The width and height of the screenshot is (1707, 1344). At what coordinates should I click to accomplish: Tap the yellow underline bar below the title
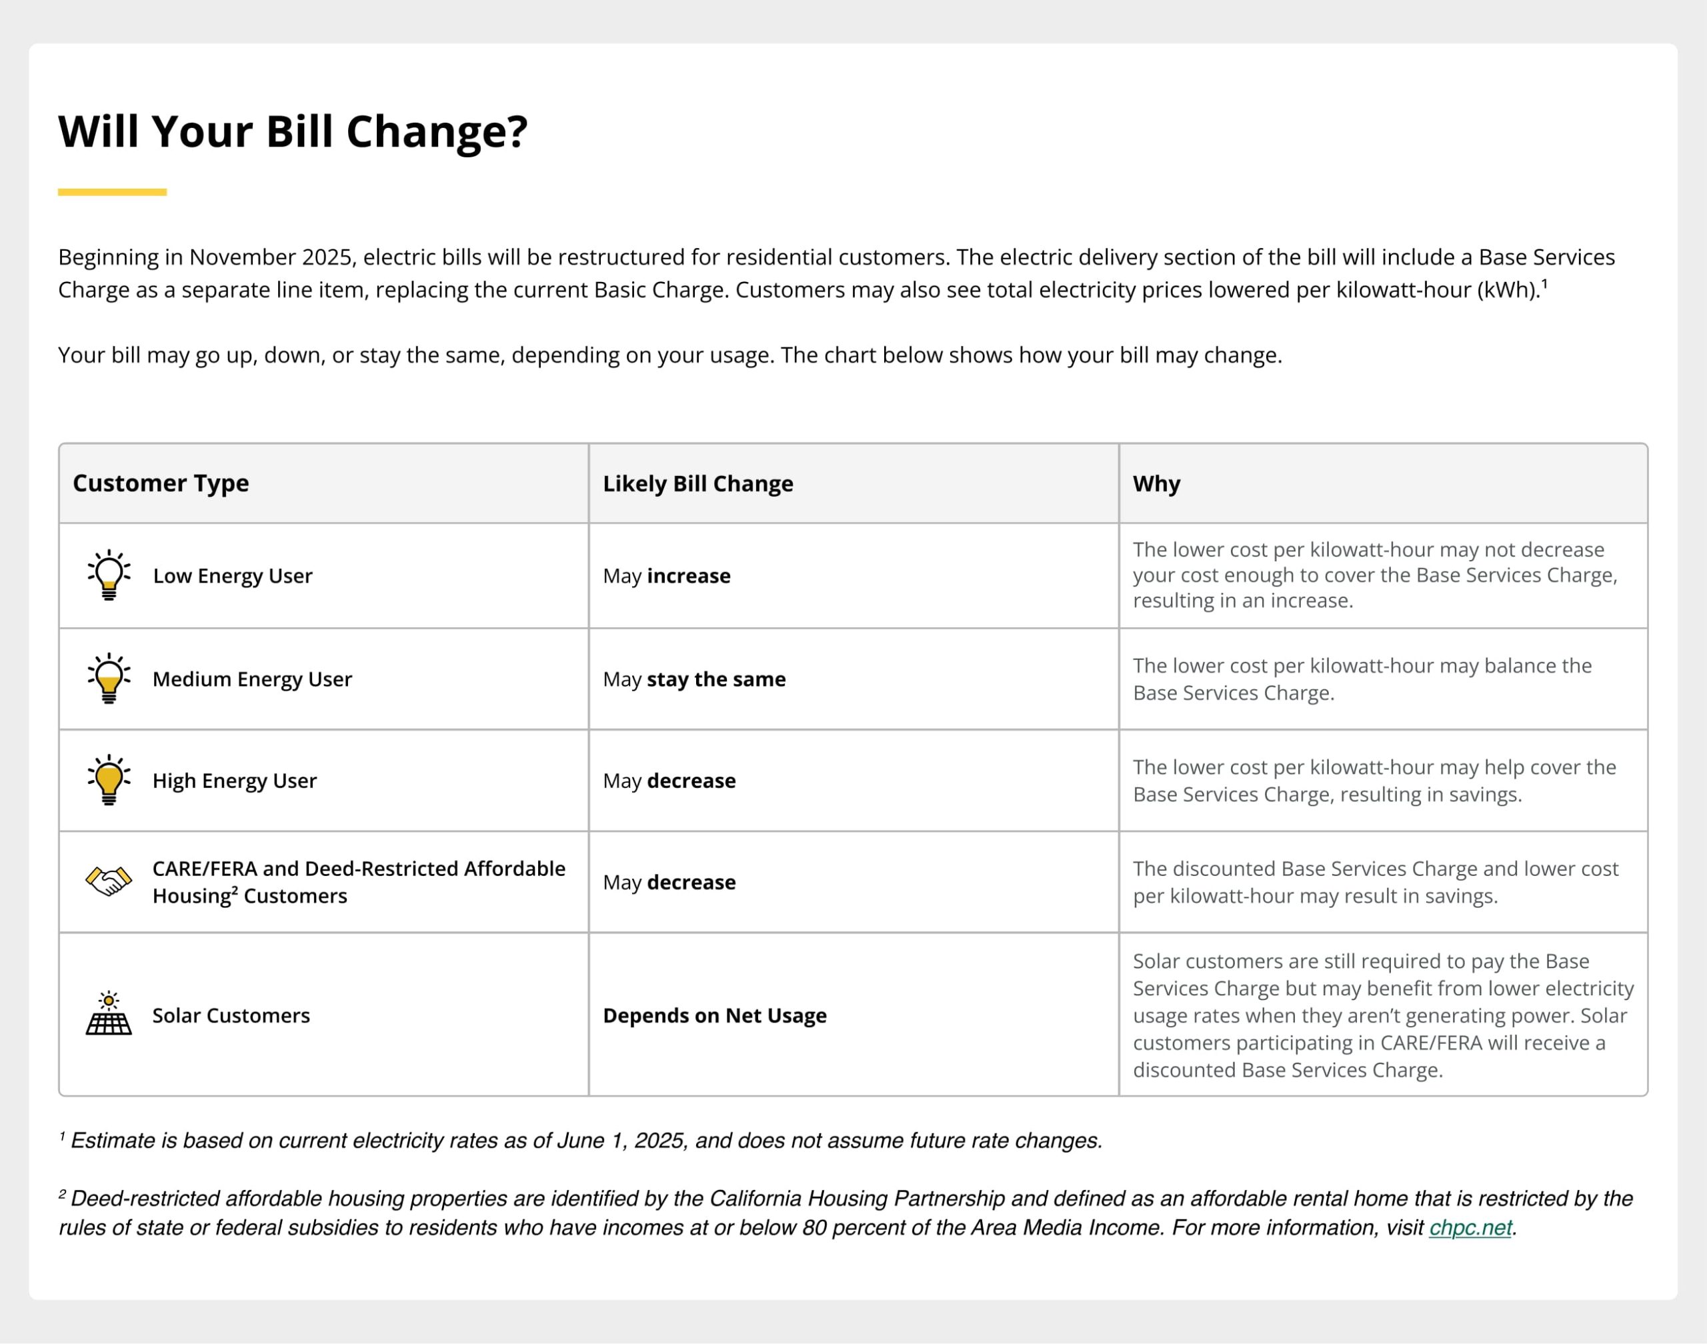point(112,192)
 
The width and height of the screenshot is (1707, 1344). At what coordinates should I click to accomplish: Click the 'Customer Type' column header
point(161,483)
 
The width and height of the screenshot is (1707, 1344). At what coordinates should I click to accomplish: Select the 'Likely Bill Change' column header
point(697,483)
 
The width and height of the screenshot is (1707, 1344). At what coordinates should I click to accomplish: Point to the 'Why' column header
point(1156,483)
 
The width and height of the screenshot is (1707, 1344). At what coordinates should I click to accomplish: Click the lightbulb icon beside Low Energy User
point(109,575)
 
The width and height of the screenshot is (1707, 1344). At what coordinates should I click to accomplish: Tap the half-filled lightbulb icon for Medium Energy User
point(109,678)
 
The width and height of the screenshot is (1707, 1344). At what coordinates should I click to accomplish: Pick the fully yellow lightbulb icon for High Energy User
point(109,780)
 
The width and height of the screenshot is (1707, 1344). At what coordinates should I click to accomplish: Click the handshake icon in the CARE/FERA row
point(109,881)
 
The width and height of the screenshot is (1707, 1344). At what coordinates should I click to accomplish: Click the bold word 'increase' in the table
point(689,576)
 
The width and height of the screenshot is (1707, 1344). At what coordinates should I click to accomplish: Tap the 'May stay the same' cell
point(694,679)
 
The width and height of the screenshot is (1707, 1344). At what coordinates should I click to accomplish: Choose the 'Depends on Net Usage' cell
point(715,1015)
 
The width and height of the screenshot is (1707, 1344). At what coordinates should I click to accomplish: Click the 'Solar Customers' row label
point(231,1015)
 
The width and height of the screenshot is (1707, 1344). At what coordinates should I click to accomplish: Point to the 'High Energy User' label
point(235,781)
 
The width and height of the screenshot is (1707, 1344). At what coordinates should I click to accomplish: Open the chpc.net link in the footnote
point(1470,1227)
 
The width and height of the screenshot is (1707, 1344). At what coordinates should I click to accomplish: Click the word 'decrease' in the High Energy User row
point(691,781)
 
